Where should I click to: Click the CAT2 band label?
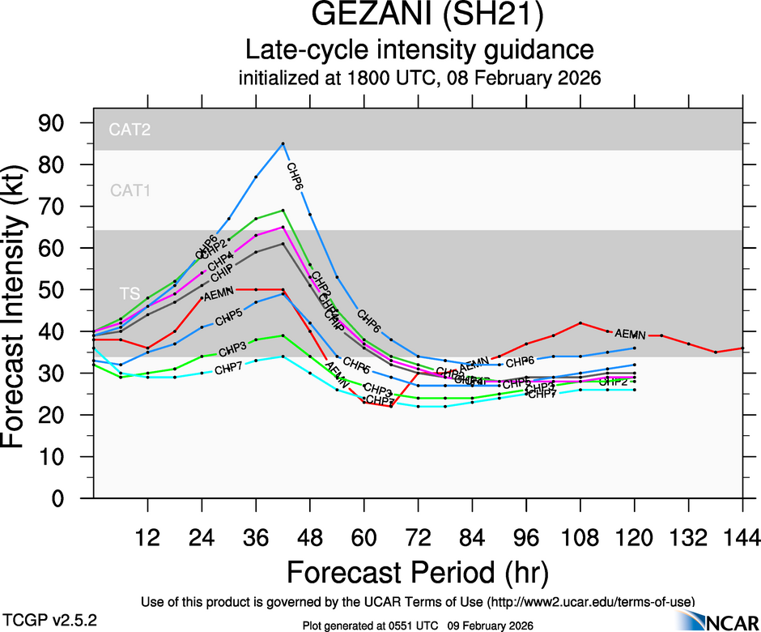(129, 129)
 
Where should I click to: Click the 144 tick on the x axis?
(742, 537)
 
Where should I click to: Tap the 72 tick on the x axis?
(418, 537)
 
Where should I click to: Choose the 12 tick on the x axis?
(147, 537)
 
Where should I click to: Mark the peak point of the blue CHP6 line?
(283, 143)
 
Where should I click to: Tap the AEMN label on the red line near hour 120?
(630, 334)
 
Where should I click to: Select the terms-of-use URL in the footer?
(590, 601)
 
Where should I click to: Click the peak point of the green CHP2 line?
(283, 210)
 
